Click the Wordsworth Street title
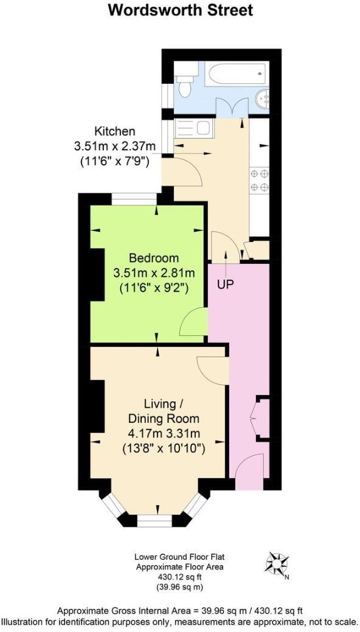tap(180, 10)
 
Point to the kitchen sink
tap(193, 129)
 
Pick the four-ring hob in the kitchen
tap(258, 180)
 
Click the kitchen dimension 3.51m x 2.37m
tap(114, 147)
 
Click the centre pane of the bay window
tap(154, 521)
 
